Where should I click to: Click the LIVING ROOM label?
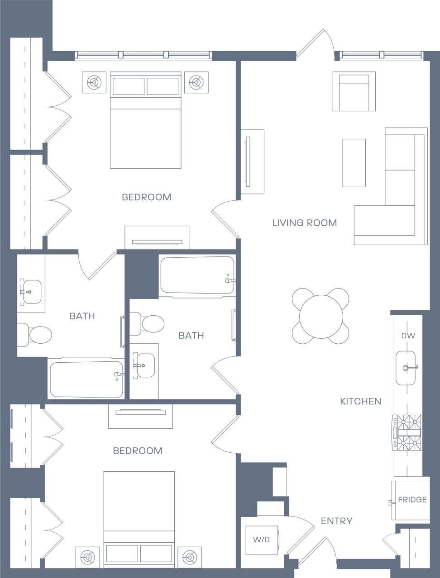click(x=305, y=223)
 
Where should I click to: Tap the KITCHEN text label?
click(x=361, y=401)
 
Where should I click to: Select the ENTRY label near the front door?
click(x=336, y=521)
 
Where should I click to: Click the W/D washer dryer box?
click(x=261, y=540)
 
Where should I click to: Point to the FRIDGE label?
click(x=412, y=500)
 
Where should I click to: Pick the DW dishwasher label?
click(x=408, y=336)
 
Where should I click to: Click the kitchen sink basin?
click(x=406, y=367)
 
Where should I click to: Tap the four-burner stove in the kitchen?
click(x=407, y=432)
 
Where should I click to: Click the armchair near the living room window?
click(x=354, y=91)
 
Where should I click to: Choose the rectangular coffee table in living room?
click(x=354, y=163)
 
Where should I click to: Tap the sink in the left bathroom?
click(x=31, y=292)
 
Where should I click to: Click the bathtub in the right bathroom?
click(x=197, y=275)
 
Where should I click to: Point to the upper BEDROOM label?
click(x=147, y=197)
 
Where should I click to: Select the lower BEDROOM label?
click(x=138, y=451)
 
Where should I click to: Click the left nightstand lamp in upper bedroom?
click(x=94, y=82)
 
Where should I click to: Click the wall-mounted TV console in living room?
click(x=252, y=161)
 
